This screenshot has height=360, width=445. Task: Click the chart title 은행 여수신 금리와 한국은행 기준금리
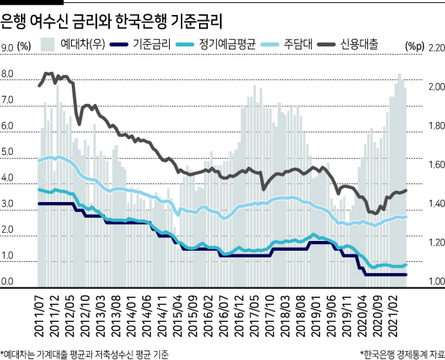point(111,21)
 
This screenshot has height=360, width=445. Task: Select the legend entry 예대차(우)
point(73,44)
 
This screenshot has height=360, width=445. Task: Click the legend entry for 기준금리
point(140,44)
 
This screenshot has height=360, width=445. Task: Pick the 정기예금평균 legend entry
point(216,44)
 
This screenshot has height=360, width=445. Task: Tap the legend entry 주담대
point(286,44)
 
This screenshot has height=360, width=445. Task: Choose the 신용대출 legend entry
point(347,44)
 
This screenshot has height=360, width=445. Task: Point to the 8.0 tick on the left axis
point(7,74)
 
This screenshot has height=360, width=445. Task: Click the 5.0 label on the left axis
point(7,152)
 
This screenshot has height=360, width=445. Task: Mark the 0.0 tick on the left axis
point(7,281)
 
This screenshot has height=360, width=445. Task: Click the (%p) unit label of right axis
point(415,46)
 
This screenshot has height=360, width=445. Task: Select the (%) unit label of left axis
point(24,46)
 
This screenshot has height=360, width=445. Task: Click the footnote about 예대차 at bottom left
point(85,354)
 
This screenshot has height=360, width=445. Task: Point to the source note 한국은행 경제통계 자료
point(402,354)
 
